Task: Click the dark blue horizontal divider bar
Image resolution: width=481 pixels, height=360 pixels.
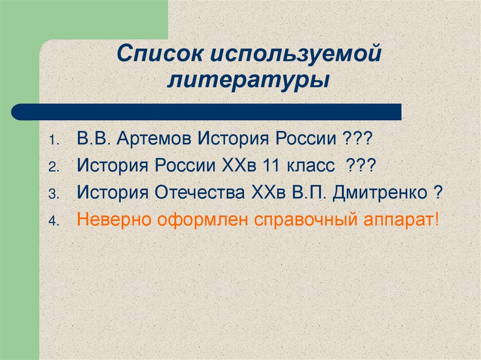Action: pyautogui.click(x=207, y=112)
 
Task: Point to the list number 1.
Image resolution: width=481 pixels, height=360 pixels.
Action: pyautogui.click(x=53, y=141)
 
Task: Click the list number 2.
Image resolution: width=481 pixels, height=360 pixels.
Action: pyautogui.click(x=53, y=167)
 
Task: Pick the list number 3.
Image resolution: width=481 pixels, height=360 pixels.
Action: pyautogui.click(x=53, y=194)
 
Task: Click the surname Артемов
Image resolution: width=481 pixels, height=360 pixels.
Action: pyautogui.click(x=156, y=139)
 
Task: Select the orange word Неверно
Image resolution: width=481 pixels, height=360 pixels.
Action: pyautogui.click(x=112, y=220)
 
